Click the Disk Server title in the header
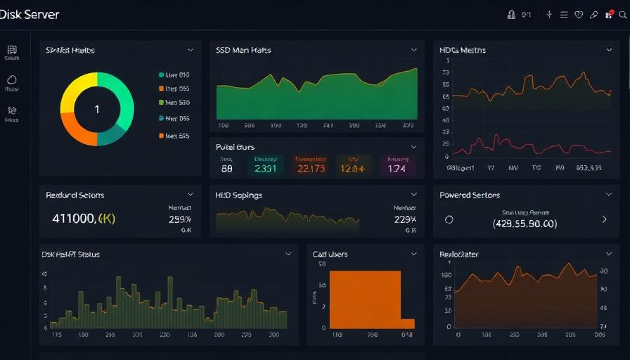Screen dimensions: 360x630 click(x=30, y=15)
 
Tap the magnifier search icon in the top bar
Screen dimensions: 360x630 click(x=622, y=15)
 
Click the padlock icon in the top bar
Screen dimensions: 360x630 click(x=511, y=15)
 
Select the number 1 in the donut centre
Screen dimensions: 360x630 click(x=97, y=110)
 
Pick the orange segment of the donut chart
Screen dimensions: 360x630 click(x=76, y=131)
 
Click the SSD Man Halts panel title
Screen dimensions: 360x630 click(x=243, y=51)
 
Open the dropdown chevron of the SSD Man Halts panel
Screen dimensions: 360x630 click(x=413, y=50)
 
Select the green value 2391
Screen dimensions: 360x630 click(x=265, y=169)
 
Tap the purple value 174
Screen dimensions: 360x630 click(x=397, y=169)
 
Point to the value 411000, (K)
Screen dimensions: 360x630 click(x=84, y=219)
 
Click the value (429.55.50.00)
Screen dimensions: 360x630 click(x=525, y=224)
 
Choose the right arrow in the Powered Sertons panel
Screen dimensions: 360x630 click(x=604, y=219)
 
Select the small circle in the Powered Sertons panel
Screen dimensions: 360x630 click(x=449, y=219)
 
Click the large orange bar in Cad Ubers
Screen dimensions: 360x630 click(x=364, y=299)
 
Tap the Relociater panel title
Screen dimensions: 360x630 click(x=459, y=255)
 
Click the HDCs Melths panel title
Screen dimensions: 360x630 click(x=463, y=51)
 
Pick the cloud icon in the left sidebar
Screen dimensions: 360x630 click(x=12, y=80)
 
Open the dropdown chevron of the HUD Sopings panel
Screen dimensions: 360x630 click(x=413, y=195)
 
